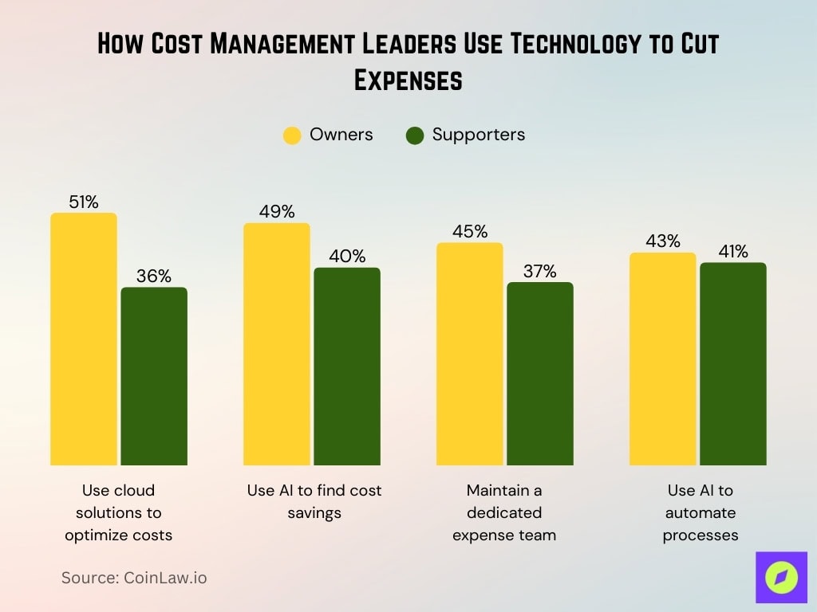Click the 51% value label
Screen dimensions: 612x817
84,202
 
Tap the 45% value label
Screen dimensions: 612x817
470,232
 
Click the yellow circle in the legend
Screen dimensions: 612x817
293,135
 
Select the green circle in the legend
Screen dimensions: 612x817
415,135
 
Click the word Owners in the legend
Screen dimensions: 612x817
341,135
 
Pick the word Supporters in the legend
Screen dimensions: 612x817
479,135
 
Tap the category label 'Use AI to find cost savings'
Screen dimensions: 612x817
314,501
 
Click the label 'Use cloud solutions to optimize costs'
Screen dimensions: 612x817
119,512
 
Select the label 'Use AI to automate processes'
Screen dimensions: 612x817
701,512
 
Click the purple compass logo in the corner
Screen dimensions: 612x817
781,577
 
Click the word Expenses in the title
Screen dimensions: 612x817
408,80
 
